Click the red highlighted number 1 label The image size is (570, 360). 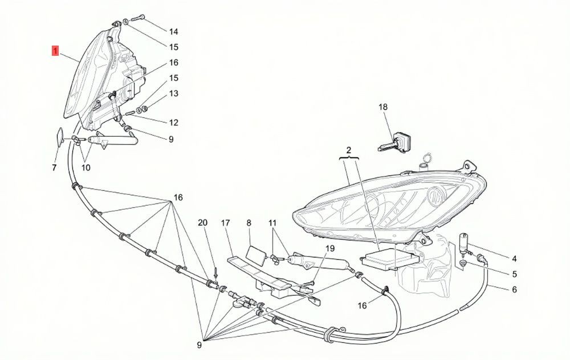click(x=55, y=51)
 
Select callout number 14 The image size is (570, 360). click(x=174, y=31)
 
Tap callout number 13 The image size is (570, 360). click(x=174, y=93)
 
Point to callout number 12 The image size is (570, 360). click(x=174, y=122)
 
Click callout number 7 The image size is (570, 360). click(x=54, y=167)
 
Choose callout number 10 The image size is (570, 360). click(x=86, y=167)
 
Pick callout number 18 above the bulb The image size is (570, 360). click(x=383, y=107)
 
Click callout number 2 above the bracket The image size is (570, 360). click(x=349, y=150)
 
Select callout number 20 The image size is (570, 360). click(x=202, y=222)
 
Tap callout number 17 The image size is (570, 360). click(x=225, y=222)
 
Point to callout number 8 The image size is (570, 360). click(x=249, y=222)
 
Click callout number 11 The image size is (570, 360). click(x=272, y=222)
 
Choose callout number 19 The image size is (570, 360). click(x=329, y=248)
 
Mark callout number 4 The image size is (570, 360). click(x=514, y=259)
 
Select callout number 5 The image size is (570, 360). click(x=514, y=274)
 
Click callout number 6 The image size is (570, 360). click(x=514, y=289)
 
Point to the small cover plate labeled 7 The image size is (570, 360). click(x=59, y=136)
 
